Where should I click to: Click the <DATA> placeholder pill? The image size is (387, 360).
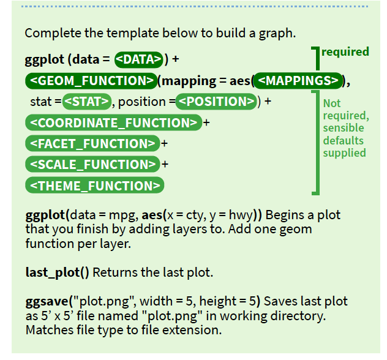click(139, 59)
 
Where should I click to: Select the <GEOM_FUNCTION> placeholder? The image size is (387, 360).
click(91, 80)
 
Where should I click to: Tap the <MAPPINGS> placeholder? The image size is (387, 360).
click(298, 80)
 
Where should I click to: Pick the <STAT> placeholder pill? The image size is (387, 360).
click(87, 101)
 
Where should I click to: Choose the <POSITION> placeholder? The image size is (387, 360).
click(216, 101)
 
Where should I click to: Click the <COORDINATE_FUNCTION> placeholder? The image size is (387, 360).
click(113, 122)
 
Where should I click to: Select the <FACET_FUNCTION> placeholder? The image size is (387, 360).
click(92, 143)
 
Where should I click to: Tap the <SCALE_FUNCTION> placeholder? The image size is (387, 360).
click(92, 164)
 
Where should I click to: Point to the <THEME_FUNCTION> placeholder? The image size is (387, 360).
click(95, 186)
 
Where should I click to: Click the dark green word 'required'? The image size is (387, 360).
click(345, 52)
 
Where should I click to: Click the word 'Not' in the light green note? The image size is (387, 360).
click(332, 103)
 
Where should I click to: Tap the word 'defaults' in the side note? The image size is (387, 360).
click(343, 140)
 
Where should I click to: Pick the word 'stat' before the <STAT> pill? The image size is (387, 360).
click(40, 102)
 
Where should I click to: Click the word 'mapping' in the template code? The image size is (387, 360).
click(189, 80)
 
